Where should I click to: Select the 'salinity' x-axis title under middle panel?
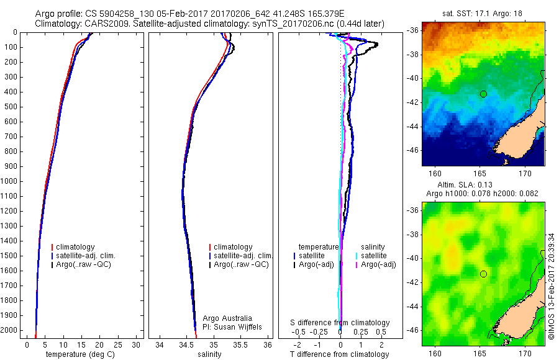pos(210,354)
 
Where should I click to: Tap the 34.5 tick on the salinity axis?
pos(186,344)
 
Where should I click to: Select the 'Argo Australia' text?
pos(227,318)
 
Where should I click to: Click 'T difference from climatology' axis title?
pos(340,354)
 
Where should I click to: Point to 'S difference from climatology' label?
pos(340,323)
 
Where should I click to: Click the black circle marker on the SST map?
pos(483,94)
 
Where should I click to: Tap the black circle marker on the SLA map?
pos(483,274)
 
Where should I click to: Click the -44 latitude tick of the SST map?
pos(413,126)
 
